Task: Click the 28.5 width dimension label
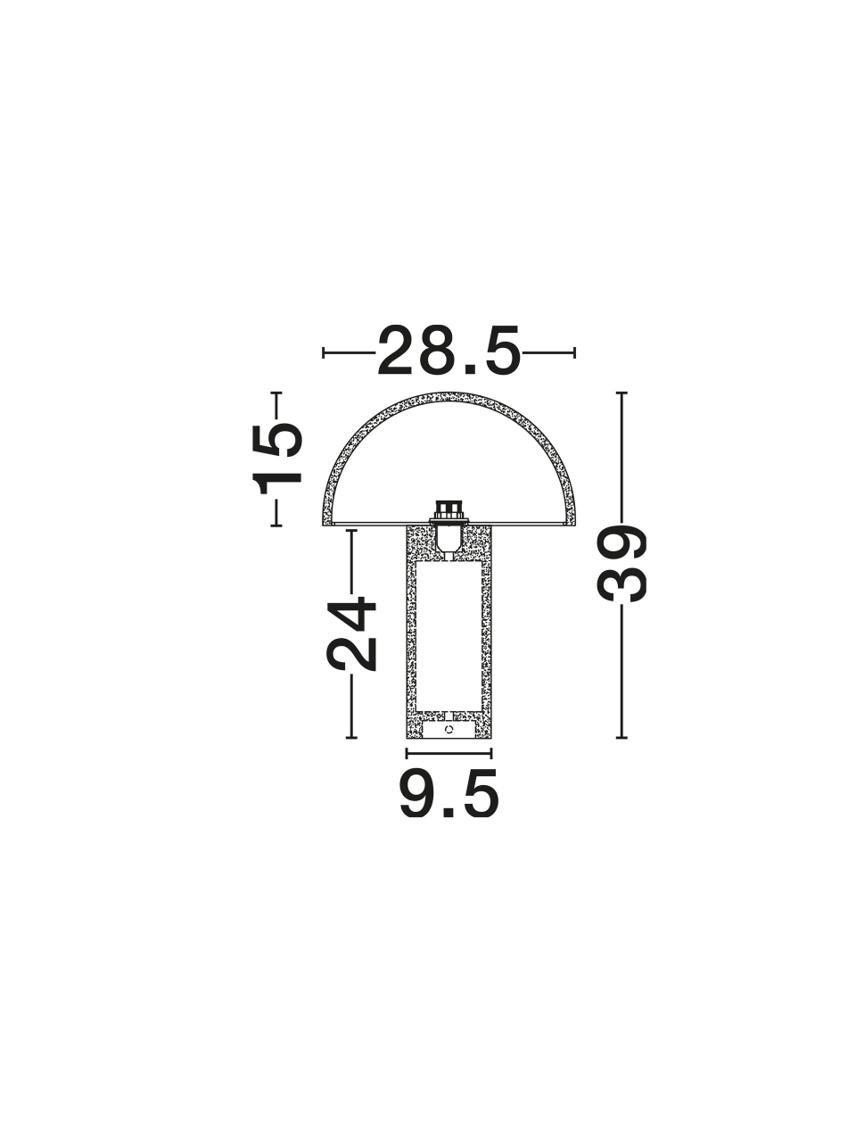click(449, 351)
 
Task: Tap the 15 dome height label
click(277, 459)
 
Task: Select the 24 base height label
click(350, 633)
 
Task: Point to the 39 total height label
click(621, 564)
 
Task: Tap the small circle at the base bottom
click(449, 730)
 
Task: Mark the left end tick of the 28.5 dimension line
click(324, 352)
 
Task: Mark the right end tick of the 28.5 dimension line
click(574, 352)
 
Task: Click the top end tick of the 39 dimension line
click(621, 393)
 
